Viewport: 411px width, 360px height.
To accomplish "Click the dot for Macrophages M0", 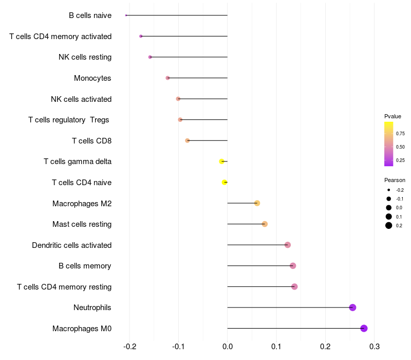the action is [364, 328].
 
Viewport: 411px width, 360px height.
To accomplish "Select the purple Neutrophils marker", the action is [352, 307].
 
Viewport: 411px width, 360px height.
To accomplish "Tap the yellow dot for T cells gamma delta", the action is [222, 161].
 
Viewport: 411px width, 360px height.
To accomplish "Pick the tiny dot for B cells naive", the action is [126, 15].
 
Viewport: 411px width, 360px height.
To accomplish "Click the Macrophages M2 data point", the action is [257, 203].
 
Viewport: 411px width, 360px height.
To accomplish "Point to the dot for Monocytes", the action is [168, 78].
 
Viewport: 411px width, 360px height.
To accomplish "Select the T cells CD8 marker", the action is [188, 140].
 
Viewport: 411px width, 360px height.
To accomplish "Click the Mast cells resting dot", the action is [265, 224].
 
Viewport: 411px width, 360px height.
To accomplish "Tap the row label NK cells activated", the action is [81, 99].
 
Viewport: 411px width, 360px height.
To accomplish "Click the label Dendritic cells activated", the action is [72, 245].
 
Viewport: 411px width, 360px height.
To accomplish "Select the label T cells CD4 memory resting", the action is [64, 287].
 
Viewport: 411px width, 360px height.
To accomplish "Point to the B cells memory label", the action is [85, 266].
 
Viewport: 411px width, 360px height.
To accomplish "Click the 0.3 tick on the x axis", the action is [375, 347].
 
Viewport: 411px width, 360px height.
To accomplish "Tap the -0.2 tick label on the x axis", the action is [130, 347].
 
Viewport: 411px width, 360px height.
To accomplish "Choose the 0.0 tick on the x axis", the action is [228, 347].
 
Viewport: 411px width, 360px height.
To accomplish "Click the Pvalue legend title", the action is [393, 116].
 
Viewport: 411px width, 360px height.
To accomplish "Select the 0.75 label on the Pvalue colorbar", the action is [400, 134].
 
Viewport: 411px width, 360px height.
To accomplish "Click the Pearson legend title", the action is [395, 180].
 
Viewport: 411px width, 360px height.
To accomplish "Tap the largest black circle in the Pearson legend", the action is [389, 225].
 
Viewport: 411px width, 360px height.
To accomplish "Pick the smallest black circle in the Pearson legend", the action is [389, 190].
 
